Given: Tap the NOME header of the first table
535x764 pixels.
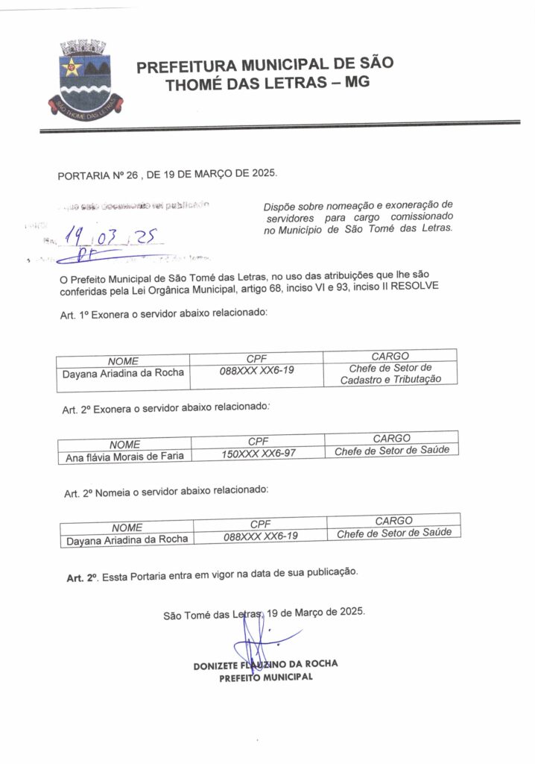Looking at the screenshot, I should click(123, 361).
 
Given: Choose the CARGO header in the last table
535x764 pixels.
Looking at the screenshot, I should click(393, 520).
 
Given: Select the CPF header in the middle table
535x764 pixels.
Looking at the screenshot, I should click(258, 440).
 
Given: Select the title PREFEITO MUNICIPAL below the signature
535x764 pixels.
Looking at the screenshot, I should click(265, 678).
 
